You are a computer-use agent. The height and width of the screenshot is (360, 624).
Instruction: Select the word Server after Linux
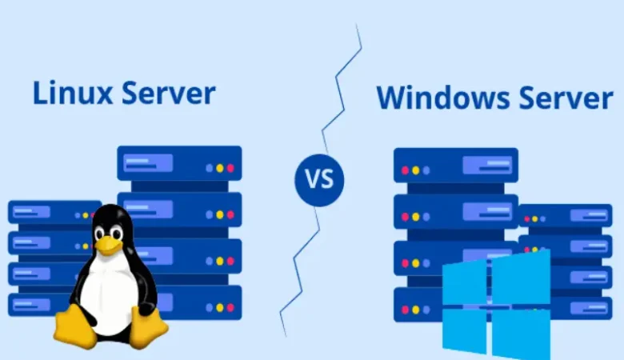168,93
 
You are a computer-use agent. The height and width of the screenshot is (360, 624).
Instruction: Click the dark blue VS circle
319,178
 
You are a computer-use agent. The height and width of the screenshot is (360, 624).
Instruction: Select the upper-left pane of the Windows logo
464,282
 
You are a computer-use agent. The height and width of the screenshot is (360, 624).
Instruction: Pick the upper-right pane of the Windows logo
521,274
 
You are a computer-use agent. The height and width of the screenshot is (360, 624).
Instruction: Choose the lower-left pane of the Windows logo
464,330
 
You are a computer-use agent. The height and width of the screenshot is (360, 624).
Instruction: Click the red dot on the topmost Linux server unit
230,169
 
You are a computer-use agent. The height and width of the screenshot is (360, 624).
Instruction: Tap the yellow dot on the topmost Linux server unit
220,169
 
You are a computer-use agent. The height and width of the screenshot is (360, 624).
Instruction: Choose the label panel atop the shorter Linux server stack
32,213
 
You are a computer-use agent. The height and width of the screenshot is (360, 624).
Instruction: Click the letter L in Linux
39,93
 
